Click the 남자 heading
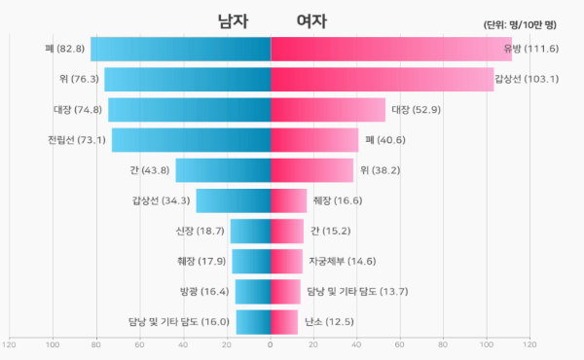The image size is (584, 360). (x=233, y=21)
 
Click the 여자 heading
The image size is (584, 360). (x=311, y=21)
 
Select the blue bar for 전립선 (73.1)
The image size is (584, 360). (x=191, y=140)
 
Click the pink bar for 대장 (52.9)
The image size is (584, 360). (x=328, y=110)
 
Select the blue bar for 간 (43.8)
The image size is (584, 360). (x=223, y=170)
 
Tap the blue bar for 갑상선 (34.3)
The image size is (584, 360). (x=233, y=200)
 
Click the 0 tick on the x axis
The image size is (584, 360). (x=271, y=343)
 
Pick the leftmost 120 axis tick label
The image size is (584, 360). (x=11, y=343)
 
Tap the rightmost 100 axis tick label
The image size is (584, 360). (x=487, y=343)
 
